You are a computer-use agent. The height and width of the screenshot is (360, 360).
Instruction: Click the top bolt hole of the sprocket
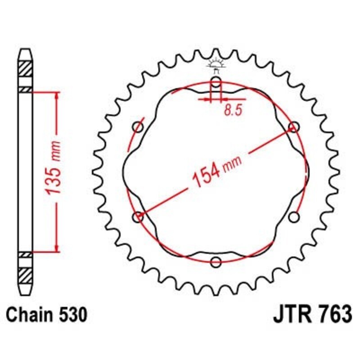(216, 82)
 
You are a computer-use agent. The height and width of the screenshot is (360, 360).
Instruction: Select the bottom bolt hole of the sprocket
(216, 261)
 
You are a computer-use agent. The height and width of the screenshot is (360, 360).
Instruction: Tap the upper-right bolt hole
(294, 127)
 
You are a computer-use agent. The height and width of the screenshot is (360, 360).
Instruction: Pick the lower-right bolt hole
(294, 217)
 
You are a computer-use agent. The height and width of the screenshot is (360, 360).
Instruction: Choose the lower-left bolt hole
(138, 217)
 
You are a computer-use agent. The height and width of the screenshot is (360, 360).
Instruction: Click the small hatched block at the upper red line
(25, 90)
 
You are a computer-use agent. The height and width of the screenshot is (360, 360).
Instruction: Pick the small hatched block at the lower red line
(25, 255)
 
